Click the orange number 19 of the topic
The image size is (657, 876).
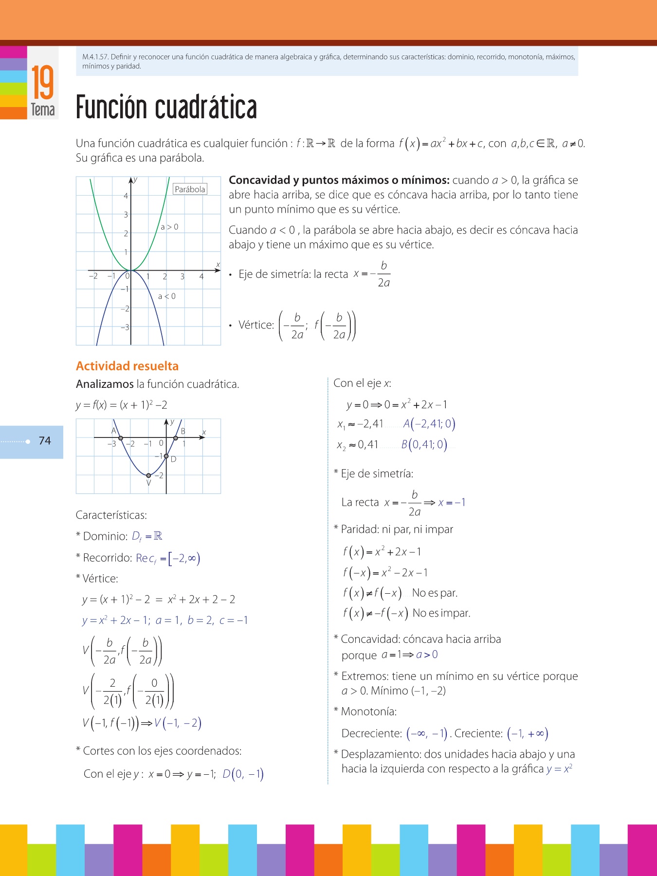[x=43, y=83]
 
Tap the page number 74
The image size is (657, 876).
[x=45, y=441]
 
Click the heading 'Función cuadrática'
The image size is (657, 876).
[x=166, y=108]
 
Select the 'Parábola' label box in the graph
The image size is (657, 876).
[x=190, y=189]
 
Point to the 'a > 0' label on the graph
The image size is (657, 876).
[x=169, y=227]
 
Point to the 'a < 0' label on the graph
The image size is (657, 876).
[x=166, y=296]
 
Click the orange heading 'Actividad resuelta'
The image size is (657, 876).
[x=127, y=366]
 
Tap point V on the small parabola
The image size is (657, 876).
[x=148, y=475]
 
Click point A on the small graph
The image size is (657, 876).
[x=121, y=438]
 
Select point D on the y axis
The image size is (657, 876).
[x=166, y=456]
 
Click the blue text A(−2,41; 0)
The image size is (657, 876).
[x=429, y=424]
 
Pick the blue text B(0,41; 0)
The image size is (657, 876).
[x=424, y=444]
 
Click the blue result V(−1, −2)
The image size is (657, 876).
[x=178, y=723]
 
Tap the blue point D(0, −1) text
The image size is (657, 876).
[x=243, y=774]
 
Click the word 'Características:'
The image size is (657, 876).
[x=111, y=515]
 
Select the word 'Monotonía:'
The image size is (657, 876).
[x=368, y=712]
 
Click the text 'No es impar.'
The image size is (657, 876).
[x=441, y=613]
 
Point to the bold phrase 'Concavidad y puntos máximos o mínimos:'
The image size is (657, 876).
[x=339, y=180]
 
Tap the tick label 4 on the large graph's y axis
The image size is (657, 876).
[x=126, y=196]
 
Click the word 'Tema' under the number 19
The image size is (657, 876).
[x=43, y=109]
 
